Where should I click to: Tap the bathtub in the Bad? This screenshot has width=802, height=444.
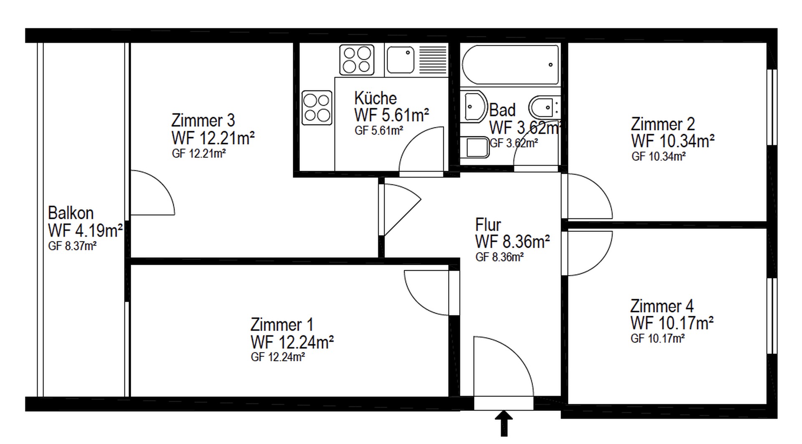(x=510, y=65)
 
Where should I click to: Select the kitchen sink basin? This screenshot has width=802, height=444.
(x=400, y=60)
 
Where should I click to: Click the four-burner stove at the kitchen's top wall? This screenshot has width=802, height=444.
(x=357, y=60)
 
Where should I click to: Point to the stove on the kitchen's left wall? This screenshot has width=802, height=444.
(x=317, y=108)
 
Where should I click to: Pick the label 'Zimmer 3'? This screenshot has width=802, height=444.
(x=203, y=120)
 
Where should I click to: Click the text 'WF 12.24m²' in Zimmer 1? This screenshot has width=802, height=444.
(x=292, y=343)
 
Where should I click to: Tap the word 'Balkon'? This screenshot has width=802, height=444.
(x=71, y=213)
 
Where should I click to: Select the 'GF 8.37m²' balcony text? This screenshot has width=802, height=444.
(x=72, y=246)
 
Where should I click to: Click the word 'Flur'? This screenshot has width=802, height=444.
(x=488, y=225)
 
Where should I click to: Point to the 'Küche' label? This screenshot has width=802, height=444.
(x=375, y=99)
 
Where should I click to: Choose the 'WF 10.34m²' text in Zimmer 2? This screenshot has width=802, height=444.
(x=673, y=141)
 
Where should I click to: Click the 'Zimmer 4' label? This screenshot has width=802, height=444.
(x=662, y=306)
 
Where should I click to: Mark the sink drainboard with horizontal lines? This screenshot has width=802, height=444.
(x=433, y=60)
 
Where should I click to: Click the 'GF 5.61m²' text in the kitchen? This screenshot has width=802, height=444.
(x=378, y=131)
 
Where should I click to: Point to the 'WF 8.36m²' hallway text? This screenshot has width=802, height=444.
(x=512, y=241)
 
